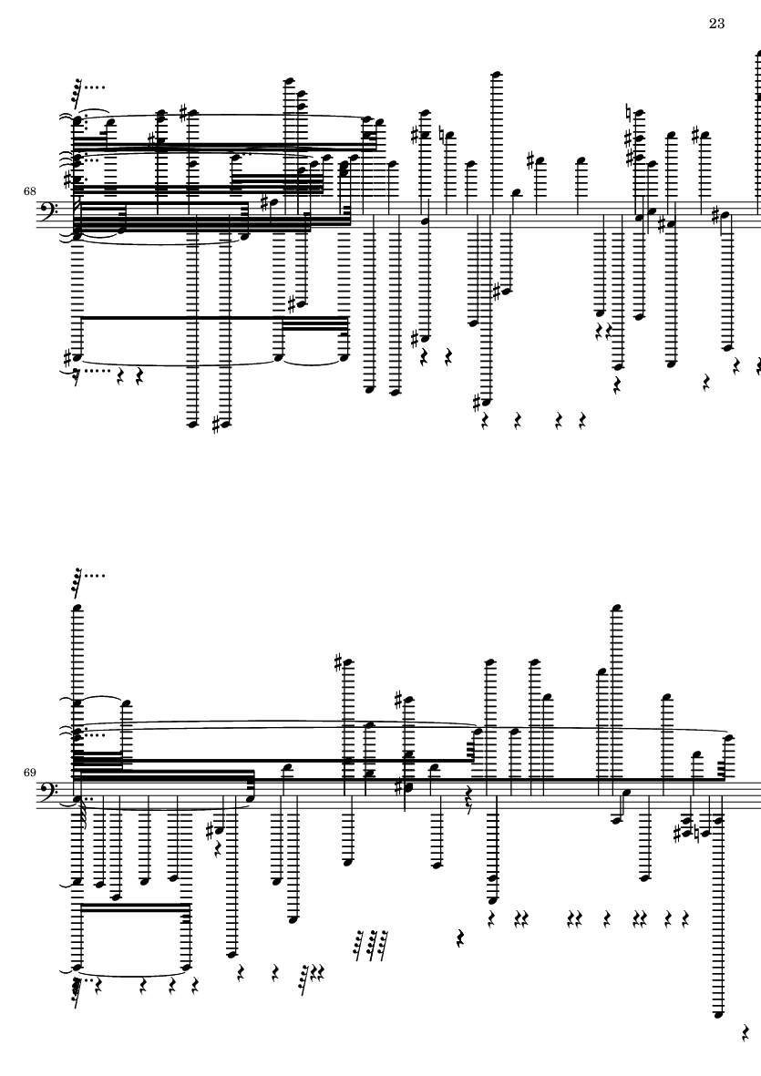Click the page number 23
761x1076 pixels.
pyautogui.click(x=716, y=24)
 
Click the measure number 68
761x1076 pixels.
pyautogui.click(x=29, y=190)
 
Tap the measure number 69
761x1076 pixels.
pyautogui.click(x=29, y=772)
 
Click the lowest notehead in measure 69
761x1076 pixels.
pyautogui.click(x=718, y=1014)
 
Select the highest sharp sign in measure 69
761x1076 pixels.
pyautogui.click(x=337, y=662)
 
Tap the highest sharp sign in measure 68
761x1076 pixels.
pyautogui.click(x=184, y=111)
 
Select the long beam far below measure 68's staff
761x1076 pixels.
pyautogui.click(x=213, y=318)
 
